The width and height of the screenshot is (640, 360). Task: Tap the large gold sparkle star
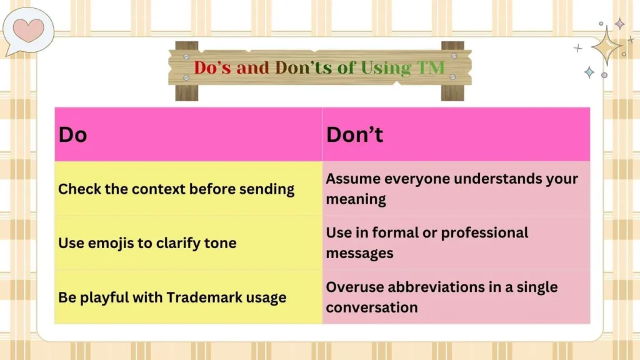point(605,45)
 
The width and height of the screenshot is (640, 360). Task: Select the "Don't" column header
point(354,134)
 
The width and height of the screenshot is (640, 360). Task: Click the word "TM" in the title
point(431,67)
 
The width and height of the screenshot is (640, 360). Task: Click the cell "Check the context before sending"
point(176,189)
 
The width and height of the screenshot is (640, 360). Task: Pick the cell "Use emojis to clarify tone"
point(147,242)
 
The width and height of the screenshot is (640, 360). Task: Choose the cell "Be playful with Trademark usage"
point(172,297)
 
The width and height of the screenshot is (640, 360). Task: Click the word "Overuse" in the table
point(352,287)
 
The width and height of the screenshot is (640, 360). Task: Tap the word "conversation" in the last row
point(371,307)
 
